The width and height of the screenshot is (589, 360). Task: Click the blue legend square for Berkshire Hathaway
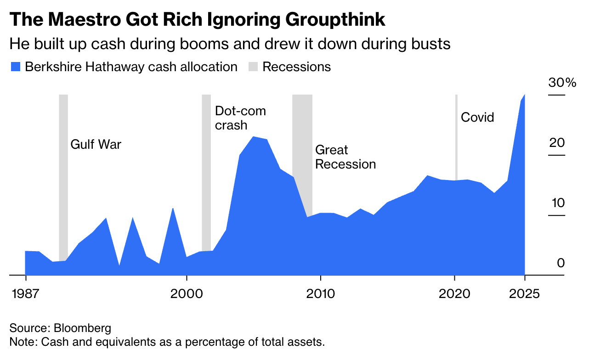15,67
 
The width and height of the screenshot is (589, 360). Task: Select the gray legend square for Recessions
253,67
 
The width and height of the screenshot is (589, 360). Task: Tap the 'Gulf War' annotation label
96,145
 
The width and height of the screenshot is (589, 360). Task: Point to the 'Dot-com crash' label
240,118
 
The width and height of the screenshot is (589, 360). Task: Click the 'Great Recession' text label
345,157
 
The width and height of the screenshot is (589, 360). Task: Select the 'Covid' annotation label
477,118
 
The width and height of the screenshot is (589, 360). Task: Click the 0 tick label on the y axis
561,263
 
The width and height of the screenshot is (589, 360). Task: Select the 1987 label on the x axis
25,293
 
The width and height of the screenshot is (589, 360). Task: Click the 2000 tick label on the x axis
186,293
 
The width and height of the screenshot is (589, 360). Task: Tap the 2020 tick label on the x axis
454,293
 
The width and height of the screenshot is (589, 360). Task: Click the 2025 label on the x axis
524,293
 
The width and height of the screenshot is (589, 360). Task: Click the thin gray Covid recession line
456,138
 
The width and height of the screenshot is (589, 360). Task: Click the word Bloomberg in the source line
82,329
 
